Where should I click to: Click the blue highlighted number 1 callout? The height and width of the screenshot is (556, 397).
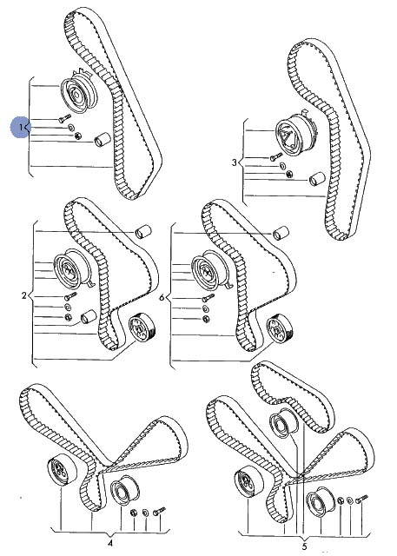pyautogui.click(x=20, y=127)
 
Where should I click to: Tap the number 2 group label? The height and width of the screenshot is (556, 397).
pyautogui.click(x=24, y=295)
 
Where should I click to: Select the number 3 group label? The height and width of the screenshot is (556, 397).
pyautogui.click(x=234, y=162)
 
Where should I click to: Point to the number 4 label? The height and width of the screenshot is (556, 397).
pyautogui.click(x=109, y=543)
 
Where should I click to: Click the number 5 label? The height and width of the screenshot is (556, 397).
pyautogui.click(x=305, y=546)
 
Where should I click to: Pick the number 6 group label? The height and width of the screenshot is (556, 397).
pyautogui.click(x=162, y=297)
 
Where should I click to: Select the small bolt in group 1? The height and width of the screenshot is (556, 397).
pyautogui.click(x=64, y=118)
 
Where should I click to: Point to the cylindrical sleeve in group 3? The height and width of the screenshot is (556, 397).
pyautogui.click(x=317, y=179)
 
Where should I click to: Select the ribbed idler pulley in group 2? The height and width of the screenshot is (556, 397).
pyautogui.click(x=142, y=327)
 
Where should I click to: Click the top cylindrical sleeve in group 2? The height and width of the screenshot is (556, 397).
pyautogui.click(x=142, y=232)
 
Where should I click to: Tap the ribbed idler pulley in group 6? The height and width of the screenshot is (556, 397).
pyautogui.click(x=280, y=328)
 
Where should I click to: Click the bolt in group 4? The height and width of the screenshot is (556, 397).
pyautogui.click(x=159, y=511)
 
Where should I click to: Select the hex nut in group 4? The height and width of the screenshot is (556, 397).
pyautogui.click(x=134, y=512)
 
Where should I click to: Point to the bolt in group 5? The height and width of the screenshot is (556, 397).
pyautogui.click(x=363, y=499)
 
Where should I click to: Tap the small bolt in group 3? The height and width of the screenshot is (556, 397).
pyautogui.click(x=275, y=156)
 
